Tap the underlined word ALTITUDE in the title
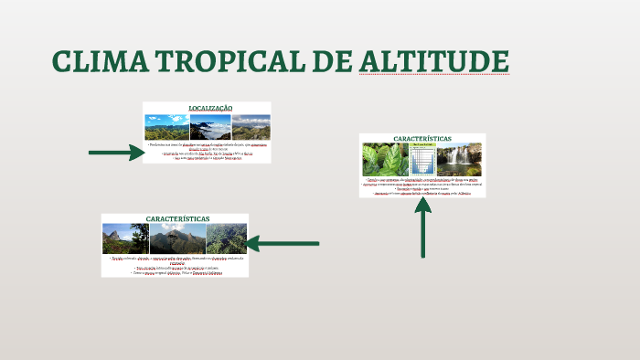tap(433, 61)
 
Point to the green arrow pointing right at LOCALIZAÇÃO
tap(116, 153)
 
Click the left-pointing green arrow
tap(283, 244)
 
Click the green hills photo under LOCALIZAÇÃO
tap(166, 127)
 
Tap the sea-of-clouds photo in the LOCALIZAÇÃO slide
tap(209, 127)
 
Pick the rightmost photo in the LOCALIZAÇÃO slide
tap(251, 127)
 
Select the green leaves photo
tap(385, 160)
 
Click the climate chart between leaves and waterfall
tap(421, 160)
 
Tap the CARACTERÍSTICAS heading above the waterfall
tap(421, 139)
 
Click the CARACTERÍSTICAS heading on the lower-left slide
tap(177, 219)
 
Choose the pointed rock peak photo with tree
tap(124, 239)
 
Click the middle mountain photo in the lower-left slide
tap(177, 239)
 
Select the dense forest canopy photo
tap(226, 239)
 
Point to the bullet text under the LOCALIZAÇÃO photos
tap(207, 151)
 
